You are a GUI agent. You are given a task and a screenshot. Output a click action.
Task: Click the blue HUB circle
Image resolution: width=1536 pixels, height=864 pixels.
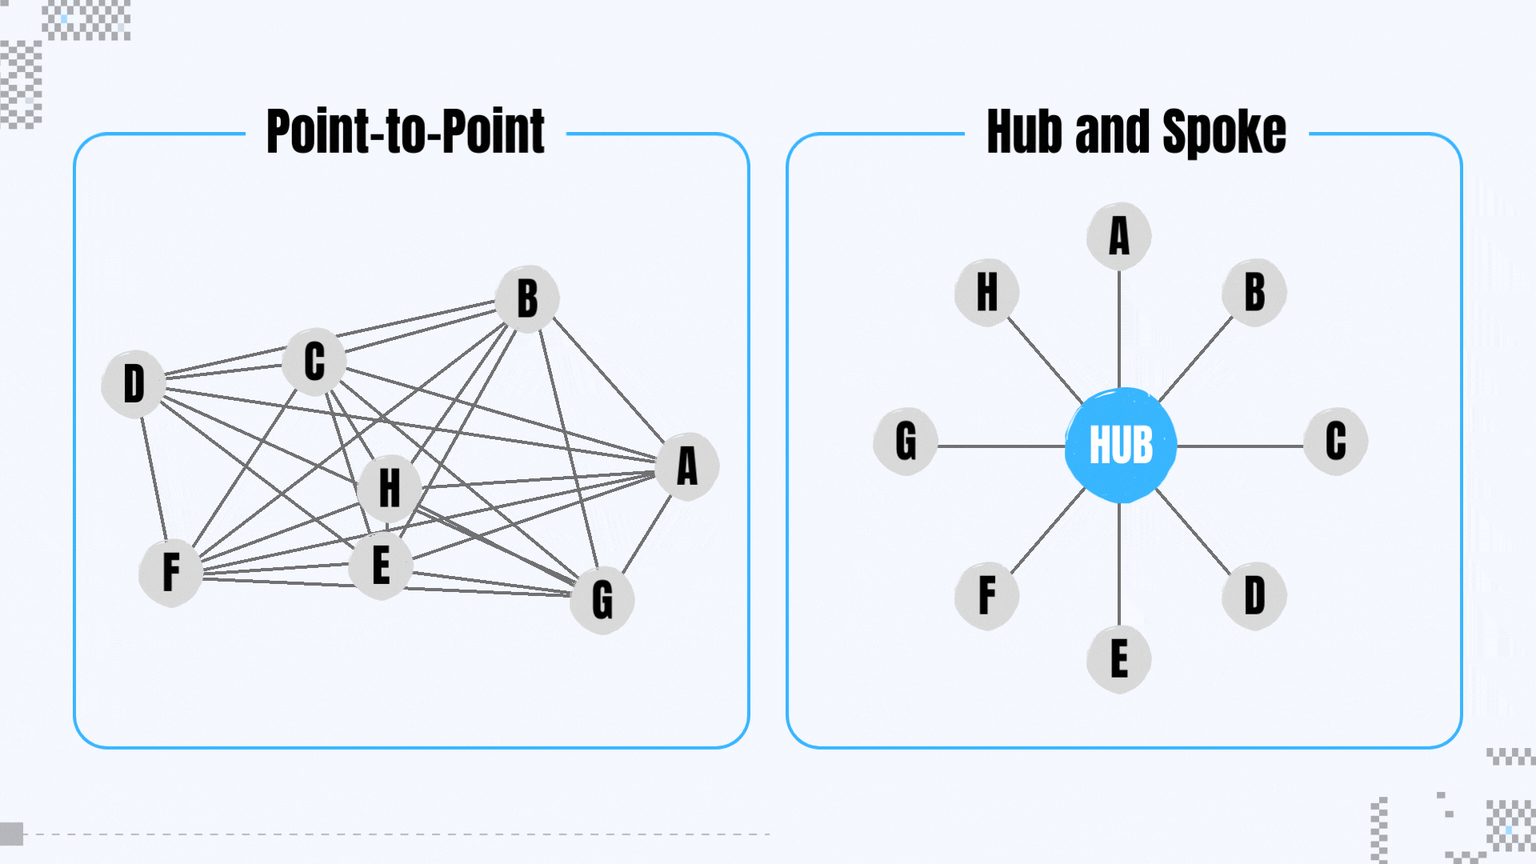pos(1120,445)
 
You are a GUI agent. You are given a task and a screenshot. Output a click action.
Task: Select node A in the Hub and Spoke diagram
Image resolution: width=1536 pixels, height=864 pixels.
pos(1118,236)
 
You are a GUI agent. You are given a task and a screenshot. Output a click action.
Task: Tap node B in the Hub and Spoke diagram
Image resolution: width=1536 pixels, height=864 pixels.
pos(1254,292)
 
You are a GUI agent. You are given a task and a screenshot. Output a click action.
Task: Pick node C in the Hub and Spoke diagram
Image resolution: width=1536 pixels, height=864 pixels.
pos(1335,441)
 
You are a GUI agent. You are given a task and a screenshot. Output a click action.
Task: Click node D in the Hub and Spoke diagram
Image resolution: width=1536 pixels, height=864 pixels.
pos(1254,596)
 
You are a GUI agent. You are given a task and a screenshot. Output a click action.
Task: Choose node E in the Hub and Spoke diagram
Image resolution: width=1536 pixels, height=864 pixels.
pos(1118,659)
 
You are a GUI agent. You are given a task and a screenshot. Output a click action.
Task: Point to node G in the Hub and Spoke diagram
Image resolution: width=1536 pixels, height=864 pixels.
pos(906,441)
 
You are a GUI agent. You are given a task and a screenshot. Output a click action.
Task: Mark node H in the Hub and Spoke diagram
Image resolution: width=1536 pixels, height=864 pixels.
pos(986,292)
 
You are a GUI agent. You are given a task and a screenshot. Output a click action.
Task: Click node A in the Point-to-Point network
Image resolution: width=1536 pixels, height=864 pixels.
pos(686,466)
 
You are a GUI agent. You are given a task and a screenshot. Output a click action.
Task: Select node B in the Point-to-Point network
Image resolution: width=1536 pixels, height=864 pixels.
pos(526,298)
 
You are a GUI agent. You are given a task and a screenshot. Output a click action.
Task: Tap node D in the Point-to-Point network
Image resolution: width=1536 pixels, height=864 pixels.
pos(134,384)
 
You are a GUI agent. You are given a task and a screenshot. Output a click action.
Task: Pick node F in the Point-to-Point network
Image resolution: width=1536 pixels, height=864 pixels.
pos(170,573)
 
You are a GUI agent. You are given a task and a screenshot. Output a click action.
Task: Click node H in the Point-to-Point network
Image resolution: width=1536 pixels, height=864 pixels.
pos(389,488)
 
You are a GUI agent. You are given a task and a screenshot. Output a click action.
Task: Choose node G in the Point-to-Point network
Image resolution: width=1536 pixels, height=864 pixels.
pos(602,600)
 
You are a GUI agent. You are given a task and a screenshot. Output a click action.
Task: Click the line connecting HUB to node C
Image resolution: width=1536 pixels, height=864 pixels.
pos(1240,446)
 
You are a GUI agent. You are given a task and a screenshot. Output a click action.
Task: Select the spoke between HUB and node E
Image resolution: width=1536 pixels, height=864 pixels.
pos(1118,564)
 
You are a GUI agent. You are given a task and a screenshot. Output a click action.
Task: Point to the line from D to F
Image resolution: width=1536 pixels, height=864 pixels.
pos(154,478)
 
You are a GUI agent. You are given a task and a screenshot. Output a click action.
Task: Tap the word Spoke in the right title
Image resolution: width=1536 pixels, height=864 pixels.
pos(1223,132)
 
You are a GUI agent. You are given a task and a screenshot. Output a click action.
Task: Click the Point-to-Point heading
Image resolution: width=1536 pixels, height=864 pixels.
pos(406,132)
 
